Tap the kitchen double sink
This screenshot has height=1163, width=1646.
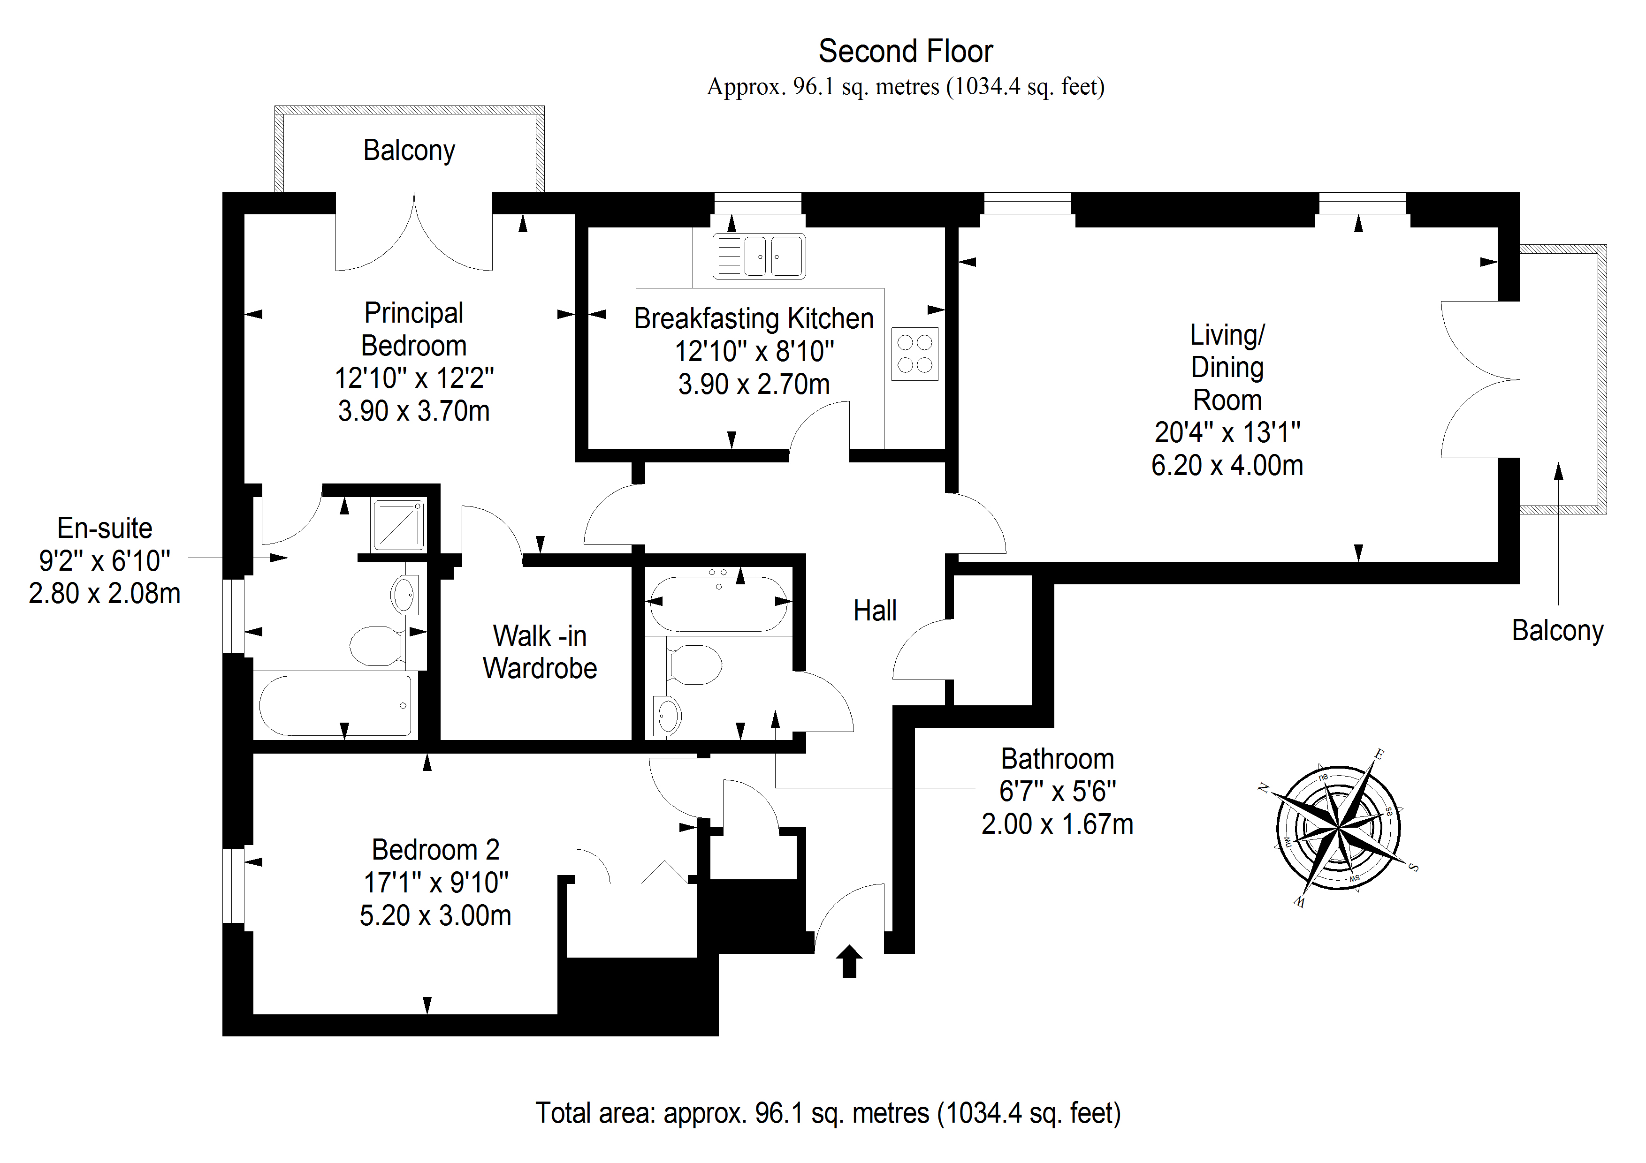759,256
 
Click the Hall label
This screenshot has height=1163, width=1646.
875,611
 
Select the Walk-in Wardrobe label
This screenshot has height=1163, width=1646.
539,652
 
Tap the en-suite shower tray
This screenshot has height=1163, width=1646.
398,525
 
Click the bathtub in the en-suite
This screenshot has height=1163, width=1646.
335,705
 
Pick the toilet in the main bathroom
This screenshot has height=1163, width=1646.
694,664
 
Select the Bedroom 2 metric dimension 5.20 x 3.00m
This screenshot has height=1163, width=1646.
435,916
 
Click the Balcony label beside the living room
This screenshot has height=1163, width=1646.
1557,631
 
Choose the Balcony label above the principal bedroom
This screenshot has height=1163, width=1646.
409,151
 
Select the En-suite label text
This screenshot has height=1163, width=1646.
105,528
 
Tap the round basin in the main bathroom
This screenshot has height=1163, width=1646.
667,715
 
